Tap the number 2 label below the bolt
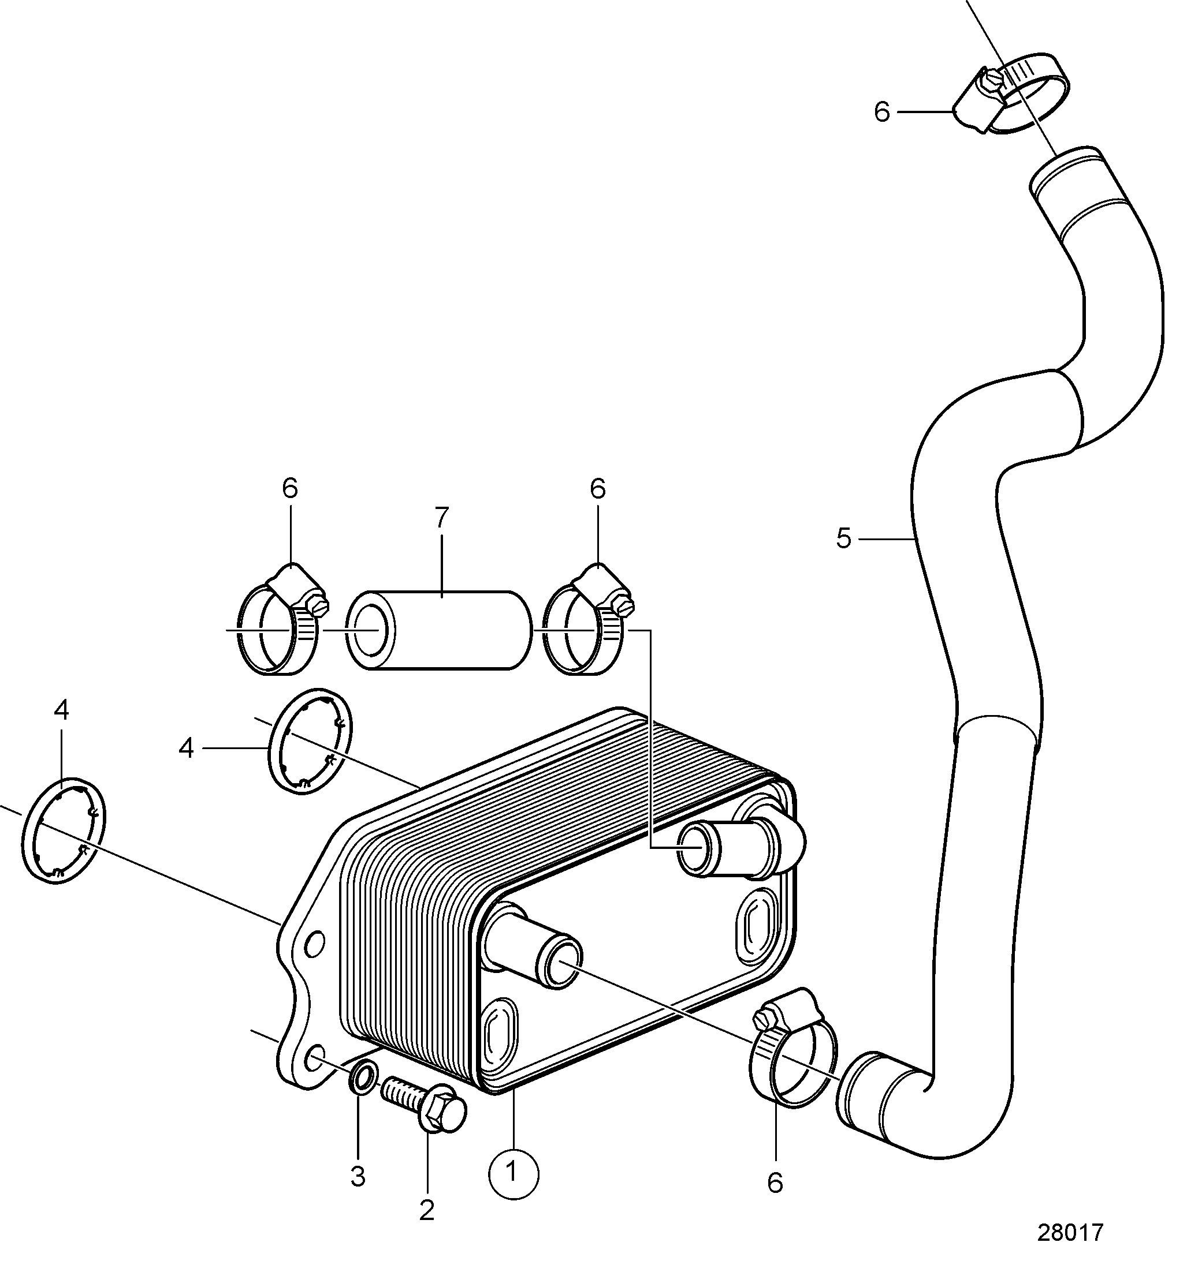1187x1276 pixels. pyautogui.click(x=426, y=1210)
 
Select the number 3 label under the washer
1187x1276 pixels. pyautogui.click(x=358, y=1176)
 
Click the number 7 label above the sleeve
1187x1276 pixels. pyautogui.click(x=442, y=517)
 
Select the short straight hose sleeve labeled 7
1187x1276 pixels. pyautogui.click(x=440, y=630)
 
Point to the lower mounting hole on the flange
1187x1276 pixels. pyautogui.click(x=314, y=1059)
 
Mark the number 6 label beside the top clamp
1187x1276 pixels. pyautogui.click(x=883, y=112)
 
